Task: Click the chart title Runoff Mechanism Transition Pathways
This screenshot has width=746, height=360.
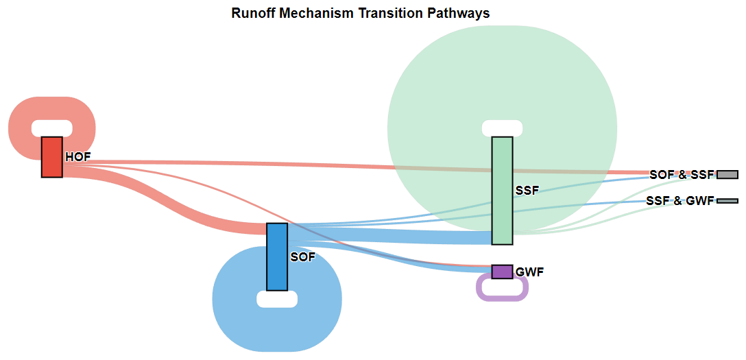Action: [x=361, y=13]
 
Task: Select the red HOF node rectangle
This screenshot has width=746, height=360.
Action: [x=52, y=158]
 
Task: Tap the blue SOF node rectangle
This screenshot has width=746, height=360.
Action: [x=277, y=257]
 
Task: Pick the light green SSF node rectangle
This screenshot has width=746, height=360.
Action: [x=503, y=191]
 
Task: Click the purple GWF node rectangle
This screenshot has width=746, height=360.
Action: [x=503, y=272]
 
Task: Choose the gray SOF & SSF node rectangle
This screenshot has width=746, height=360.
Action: [x=727, y=175]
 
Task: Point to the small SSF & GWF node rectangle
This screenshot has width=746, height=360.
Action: [x=727, y=201]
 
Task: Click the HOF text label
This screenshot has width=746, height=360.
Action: [x=77, y=158]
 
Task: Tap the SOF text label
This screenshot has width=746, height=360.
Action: [x=302, y=257]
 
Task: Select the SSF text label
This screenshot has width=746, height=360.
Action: [x=528, y=191]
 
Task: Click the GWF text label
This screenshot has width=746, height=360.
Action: [x=529, y=272]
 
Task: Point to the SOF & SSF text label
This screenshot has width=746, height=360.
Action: [x=682, y=175]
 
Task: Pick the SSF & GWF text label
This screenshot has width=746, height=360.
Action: [x=680, y=201]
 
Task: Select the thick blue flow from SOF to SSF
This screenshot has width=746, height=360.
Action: [x=389, y=236]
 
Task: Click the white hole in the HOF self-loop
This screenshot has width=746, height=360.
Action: [x=52, y=128]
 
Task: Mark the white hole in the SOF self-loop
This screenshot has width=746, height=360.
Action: [x=277, y=299]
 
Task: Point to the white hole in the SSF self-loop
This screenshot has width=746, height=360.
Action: [x=503, y=128]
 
